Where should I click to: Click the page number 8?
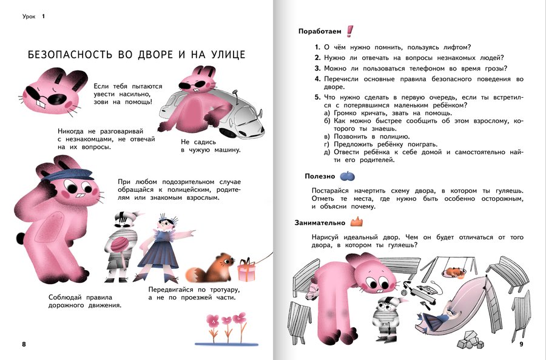click(x=24, y=345)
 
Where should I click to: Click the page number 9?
click(x=521, y=345)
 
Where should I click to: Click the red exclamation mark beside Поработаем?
click(x=350, y=31)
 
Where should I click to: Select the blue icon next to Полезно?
click(x=346, y=176)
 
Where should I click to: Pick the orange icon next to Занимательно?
click(x=356, y=222)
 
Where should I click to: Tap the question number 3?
click(x=317, y=68)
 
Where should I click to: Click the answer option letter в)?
click(x=327, y=137)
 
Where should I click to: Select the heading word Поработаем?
click(x=320, y=31)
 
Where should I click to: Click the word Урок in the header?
click(x=30, y=16)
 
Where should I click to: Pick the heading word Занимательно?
click(x=320, y=222)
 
